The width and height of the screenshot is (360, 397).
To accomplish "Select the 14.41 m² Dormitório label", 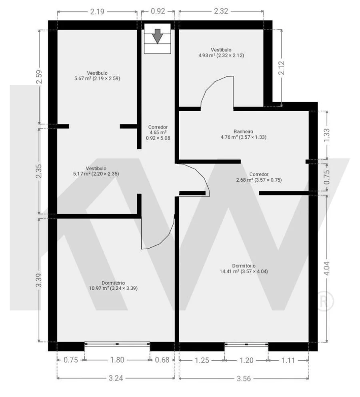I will coord(244,268).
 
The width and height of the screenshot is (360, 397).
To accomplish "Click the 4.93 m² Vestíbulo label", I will coord(221,53).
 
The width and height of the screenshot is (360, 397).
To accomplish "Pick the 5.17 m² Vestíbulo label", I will coord(96,171).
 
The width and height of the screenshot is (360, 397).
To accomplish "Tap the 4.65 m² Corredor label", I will coord(158,133).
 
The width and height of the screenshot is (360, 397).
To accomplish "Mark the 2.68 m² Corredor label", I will coord(259,177).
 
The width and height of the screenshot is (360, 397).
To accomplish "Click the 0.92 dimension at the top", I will coord(158,11).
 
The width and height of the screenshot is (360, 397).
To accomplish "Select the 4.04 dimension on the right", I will coord(327,268).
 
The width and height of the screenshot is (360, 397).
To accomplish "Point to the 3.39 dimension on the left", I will coord(39,280).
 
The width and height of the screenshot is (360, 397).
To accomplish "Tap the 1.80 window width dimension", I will coord(117,360).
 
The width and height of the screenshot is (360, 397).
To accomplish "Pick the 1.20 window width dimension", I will coord(246,360).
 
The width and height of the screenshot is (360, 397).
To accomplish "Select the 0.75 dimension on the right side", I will coord(327,176).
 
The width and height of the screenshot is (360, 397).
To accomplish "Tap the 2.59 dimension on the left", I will coord(39,77).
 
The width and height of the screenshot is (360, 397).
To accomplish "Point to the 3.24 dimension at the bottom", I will coord(116,378).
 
